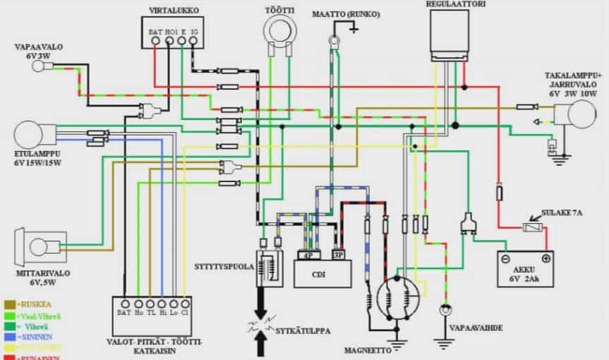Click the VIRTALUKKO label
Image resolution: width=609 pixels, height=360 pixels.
[x=174, y=10]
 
